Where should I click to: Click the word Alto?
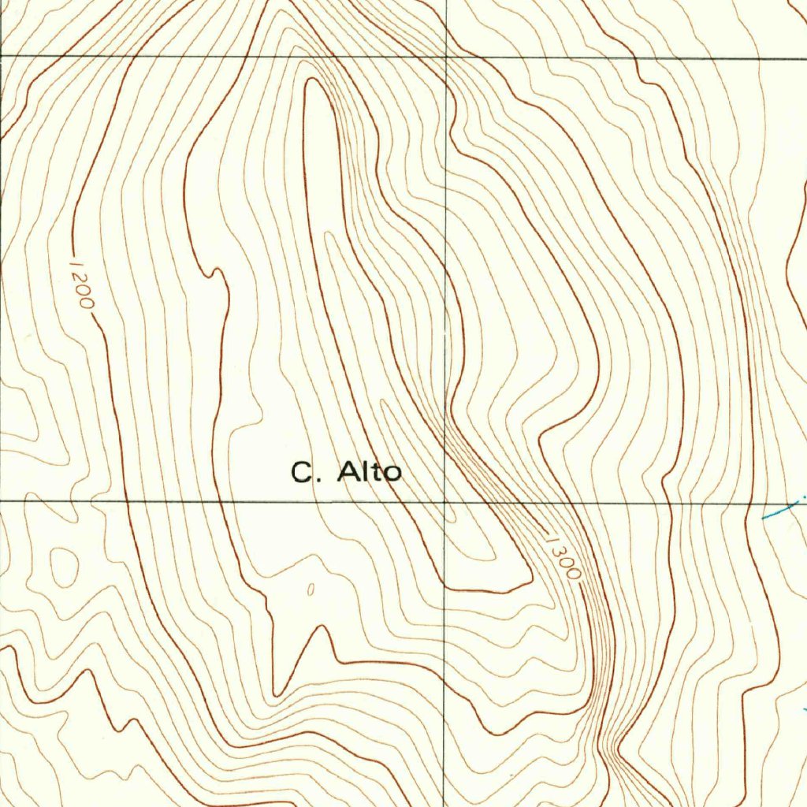(370, 472)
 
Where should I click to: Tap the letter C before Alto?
(302, 473)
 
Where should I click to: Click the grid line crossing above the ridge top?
(446, 58)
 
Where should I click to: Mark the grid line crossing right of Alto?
(445, 501)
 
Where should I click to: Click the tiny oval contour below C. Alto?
(310, 589)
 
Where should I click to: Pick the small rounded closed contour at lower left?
(65, 566)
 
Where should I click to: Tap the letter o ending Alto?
(392, 474)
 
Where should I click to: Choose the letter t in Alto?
(377, 472)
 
